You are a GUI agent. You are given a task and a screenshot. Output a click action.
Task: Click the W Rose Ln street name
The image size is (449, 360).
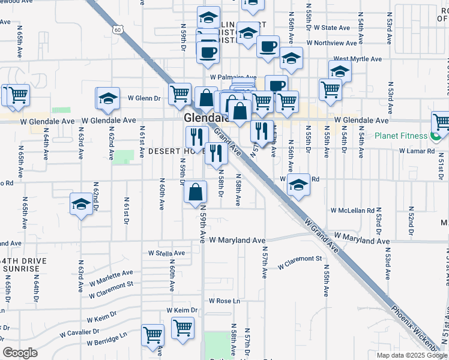(x=224, y=301)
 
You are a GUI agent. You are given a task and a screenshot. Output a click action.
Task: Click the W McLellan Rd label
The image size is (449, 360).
(x=352, y=211)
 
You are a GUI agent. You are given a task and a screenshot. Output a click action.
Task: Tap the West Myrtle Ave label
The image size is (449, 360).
(x=358, y=59)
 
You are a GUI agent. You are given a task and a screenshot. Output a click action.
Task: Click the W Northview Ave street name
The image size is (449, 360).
(x=331, y=43)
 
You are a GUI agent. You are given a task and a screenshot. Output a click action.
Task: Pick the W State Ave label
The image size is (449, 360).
(x=328, y=28)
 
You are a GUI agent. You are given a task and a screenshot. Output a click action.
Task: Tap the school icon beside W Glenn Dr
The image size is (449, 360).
(x=108, y=99)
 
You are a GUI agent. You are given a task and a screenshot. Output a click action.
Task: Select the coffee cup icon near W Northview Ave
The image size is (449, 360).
(x=268, y=46)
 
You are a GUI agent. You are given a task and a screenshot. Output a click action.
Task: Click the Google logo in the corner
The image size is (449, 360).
(x=20, y=352)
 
